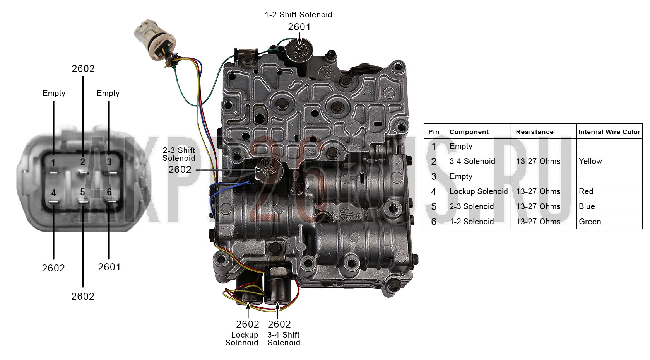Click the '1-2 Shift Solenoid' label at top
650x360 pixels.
(298, 15)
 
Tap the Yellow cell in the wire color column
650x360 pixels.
(590, 161)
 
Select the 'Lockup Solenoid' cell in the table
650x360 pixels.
(479, 191)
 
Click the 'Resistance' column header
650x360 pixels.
(535, 132)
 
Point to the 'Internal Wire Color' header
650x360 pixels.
(609, 132)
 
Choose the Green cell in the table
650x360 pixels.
(590, 222)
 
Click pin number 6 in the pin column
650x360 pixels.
(433, 222)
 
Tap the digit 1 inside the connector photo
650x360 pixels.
(53, 163)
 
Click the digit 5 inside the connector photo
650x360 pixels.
(83, 192)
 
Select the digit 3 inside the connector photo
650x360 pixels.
(109, 162)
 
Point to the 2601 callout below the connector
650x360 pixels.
(109, 267)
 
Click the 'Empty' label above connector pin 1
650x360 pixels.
(54, 94)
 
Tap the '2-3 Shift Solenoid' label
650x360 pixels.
(179, 154)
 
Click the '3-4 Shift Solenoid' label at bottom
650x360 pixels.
(284, 339)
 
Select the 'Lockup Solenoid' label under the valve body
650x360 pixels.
(242, 339)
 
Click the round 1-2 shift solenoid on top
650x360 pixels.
(299, 49)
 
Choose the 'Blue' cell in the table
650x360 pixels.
(587, 206)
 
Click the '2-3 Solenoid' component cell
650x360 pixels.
(472, 206)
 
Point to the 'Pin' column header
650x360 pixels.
(434, 132)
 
